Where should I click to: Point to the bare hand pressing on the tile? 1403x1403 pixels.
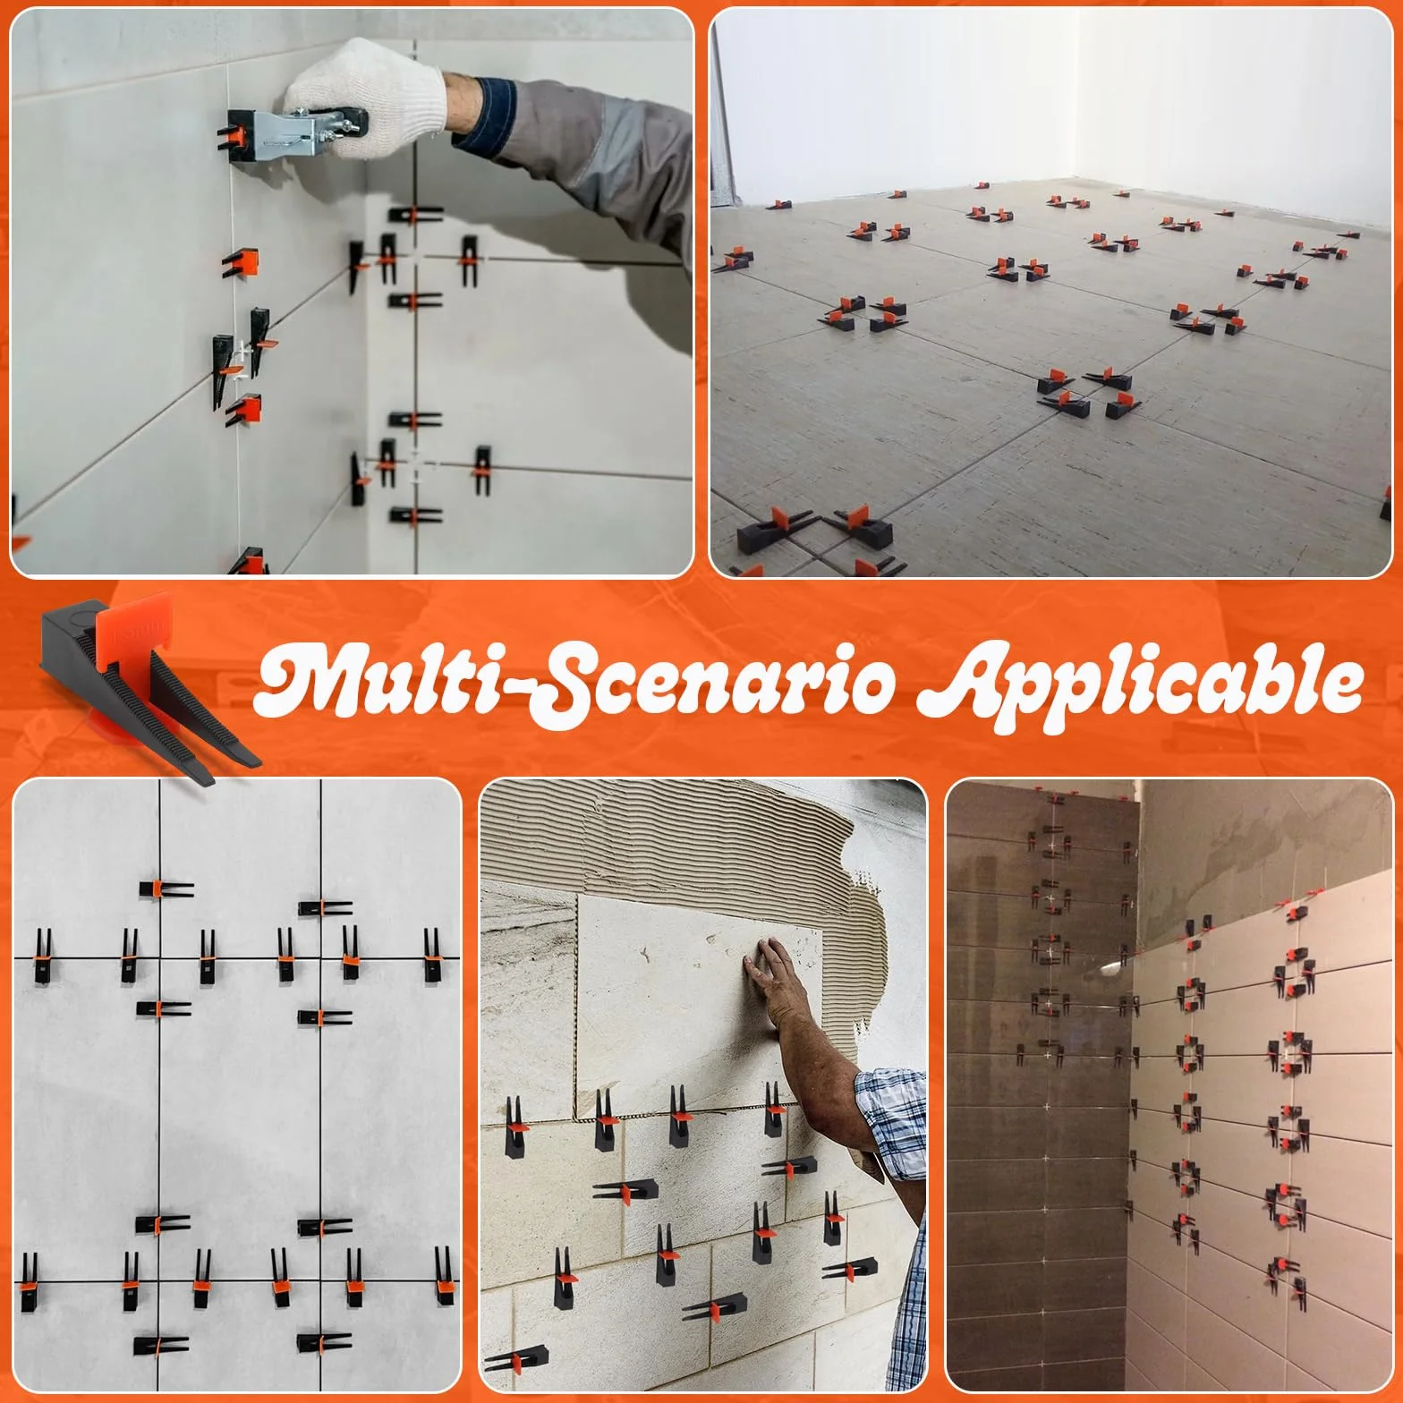tap(770, 971)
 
